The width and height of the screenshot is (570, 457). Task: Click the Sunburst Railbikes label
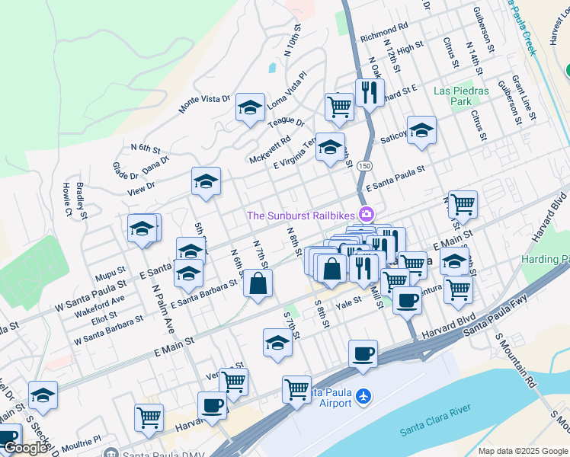click(303, 216)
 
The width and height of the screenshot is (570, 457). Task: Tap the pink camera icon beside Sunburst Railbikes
click(367, 215)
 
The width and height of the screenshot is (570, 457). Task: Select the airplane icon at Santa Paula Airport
click(364, 396)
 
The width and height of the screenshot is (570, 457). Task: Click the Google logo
click(26, 448)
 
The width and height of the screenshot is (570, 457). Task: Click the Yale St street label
click(348, 302)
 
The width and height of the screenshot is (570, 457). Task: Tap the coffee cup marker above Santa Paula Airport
click(363, 353)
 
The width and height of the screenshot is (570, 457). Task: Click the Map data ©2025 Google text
click(523, 451)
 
